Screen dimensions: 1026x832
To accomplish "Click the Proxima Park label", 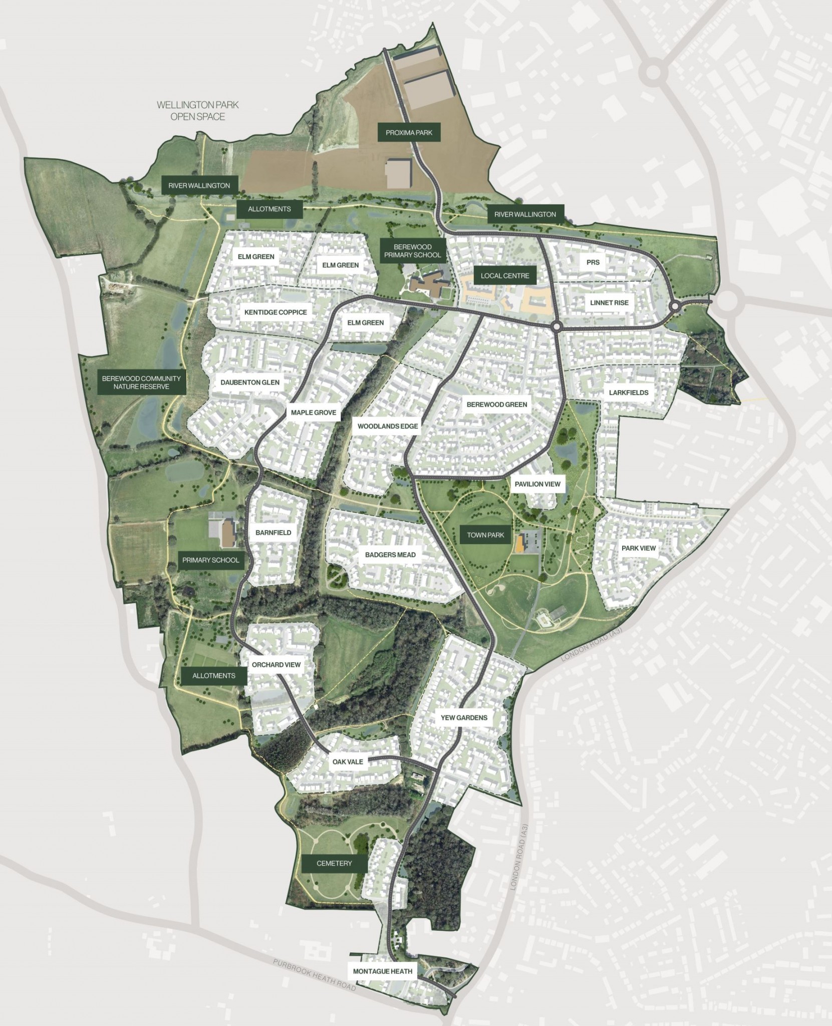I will [x=409, y=133].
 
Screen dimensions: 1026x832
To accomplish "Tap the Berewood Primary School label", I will [x=412, y=251].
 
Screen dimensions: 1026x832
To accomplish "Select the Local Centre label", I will [x=504, y=276].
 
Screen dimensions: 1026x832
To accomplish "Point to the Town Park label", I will [x=485, y=535].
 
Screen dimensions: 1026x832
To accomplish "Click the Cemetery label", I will [x=334, y=863].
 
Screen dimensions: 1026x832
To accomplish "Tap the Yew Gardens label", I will [x=464, y=717].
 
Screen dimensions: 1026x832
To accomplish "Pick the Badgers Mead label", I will [x=390, y=555].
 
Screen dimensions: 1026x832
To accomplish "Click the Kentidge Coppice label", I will [x=275, y=312].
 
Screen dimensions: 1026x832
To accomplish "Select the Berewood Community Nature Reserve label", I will [x=141, y=383].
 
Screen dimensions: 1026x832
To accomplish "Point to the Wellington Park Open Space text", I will [x=198, y=111].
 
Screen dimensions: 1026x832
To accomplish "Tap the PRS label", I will [x=593, y=262].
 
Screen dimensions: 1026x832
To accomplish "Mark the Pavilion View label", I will [x=537, y=484].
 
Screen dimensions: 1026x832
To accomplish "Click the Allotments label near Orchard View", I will [x=214, y=675].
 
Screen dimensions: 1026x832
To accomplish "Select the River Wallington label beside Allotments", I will [x=199, y=185].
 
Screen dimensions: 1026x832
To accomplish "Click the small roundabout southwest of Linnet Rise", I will [x=557, y=327].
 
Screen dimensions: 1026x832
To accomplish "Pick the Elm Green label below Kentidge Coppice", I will [x=365, y=323].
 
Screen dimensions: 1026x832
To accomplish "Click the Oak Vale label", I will [x=348, y=762].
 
